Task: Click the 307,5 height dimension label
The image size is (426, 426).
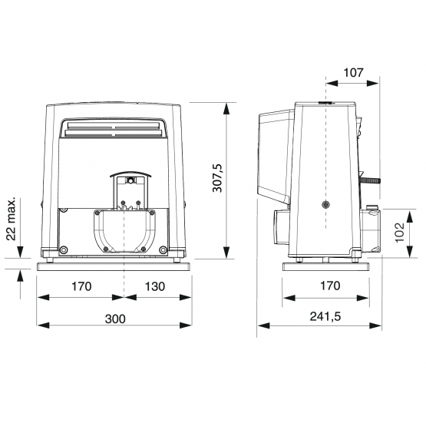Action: click(x=217, y=178)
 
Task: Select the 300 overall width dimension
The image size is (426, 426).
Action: click(x=115, y=319)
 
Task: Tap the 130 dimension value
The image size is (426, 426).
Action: click(x=154, y=286)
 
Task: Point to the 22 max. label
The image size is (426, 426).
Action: click(x=12, y=219)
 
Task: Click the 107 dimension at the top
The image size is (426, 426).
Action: click(x=353, y=73)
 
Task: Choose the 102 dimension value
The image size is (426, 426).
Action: click(x=399, y=233)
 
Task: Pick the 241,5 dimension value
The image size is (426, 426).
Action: click(x=325, y=316)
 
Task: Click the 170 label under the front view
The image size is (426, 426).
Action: click(x=81, y=286)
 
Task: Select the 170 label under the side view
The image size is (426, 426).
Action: click(x=330, y=286)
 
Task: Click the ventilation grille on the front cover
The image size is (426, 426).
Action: click(x=113, y=128)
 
